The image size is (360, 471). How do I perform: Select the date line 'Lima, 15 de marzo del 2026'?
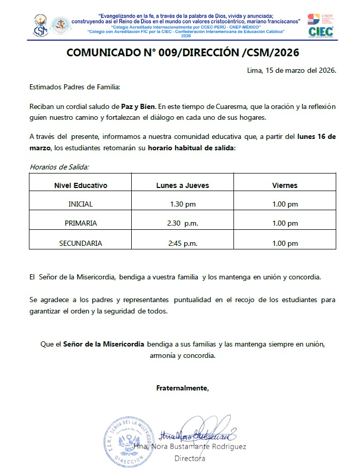tap(292, 70)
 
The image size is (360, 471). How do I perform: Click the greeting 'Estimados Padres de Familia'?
tap(74, 87)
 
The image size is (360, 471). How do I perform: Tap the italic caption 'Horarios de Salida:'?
tap(59, 166)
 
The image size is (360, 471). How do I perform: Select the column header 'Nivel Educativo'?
tap(81, 185)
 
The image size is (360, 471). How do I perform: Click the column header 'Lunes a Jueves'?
tap(183, 185)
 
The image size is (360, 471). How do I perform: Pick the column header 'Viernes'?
tap(285, 185)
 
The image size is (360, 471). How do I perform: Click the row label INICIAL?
tap(81, 204)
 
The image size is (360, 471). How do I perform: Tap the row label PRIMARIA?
tap(81, 224)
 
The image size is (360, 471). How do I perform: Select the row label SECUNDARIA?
tap(81, 243)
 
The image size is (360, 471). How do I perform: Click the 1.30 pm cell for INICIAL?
tap(183, 204)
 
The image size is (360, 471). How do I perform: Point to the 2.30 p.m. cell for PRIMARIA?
tap(183, 224)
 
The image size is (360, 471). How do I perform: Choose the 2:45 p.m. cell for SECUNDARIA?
tap(183, 243)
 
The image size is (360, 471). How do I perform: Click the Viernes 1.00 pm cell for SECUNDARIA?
tap(285, 243)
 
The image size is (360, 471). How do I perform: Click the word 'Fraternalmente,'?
tap(183, 387)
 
